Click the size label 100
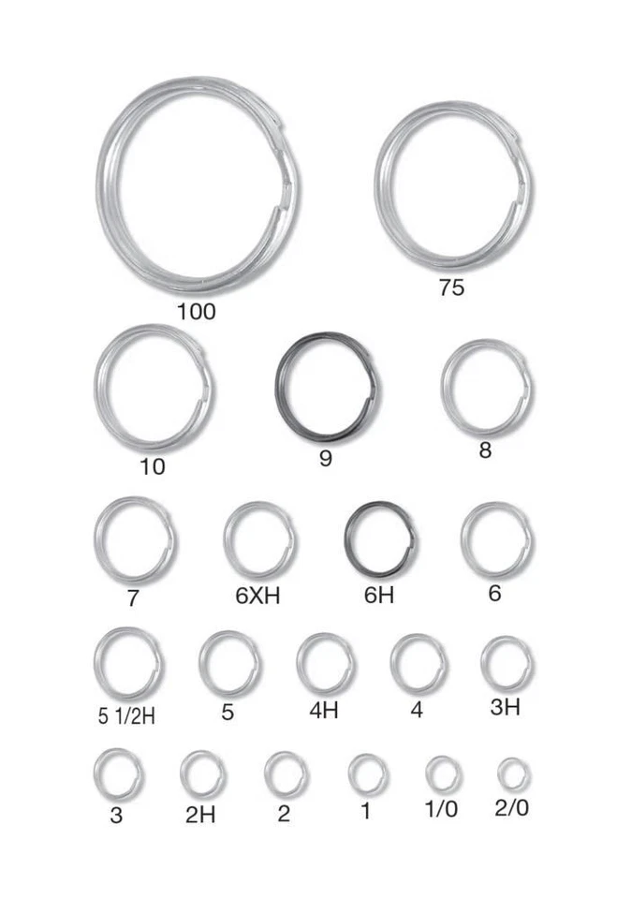point(196,311)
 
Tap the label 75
point(450,287)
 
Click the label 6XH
point(257,596)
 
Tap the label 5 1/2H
point(126,717)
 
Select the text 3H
point(505,707)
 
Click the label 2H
point(200,815)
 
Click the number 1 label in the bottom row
point(365,812)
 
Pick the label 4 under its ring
point(417,710)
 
